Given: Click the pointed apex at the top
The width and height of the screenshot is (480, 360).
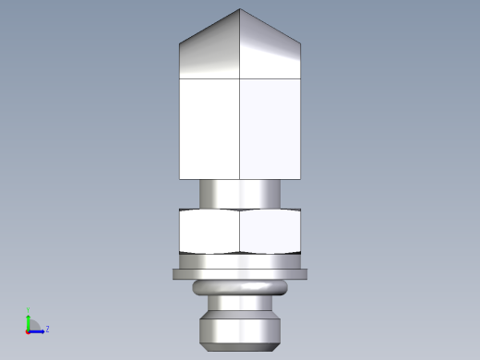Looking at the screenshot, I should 240,10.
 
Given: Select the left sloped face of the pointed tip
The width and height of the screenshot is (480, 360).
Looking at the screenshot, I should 210,52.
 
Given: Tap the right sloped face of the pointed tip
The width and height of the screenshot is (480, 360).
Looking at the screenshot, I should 270,52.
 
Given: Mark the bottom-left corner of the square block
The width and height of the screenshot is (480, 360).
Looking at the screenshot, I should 180,178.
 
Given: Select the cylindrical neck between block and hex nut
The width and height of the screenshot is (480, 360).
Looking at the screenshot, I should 240,194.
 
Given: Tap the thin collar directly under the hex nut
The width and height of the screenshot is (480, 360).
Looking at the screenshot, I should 240,259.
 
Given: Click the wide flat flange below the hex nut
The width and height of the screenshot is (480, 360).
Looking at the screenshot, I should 240,274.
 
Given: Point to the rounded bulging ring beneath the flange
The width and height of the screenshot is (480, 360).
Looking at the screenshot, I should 240,288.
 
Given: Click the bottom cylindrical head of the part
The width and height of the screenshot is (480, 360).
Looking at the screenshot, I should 240,330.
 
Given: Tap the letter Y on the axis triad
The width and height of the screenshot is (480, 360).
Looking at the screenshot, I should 28,311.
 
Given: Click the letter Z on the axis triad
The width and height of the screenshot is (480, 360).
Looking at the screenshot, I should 47,328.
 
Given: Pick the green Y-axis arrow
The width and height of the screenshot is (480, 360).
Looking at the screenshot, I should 28,320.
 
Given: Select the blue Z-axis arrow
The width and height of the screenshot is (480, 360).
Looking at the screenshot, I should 38,330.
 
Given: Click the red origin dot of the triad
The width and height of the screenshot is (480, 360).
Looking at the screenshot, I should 28,330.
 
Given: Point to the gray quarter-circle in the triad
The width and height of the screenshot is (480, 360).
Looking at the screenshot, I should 32,325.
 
